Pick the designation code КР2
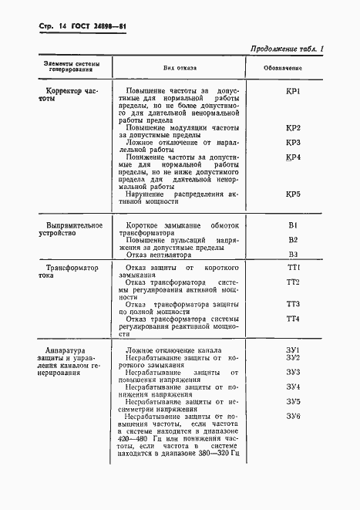click(x=292, y=127)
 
